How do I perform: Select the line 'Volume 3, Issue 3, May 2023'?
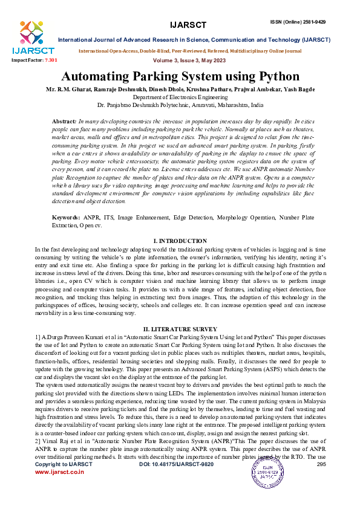(x=180, y=61)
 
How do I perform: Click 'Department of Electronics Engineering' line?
(x=180, y=97)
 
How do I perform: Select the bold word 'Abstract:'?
(x=64, y=122)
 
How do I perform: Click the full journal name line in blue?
(x=194, y=40)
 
